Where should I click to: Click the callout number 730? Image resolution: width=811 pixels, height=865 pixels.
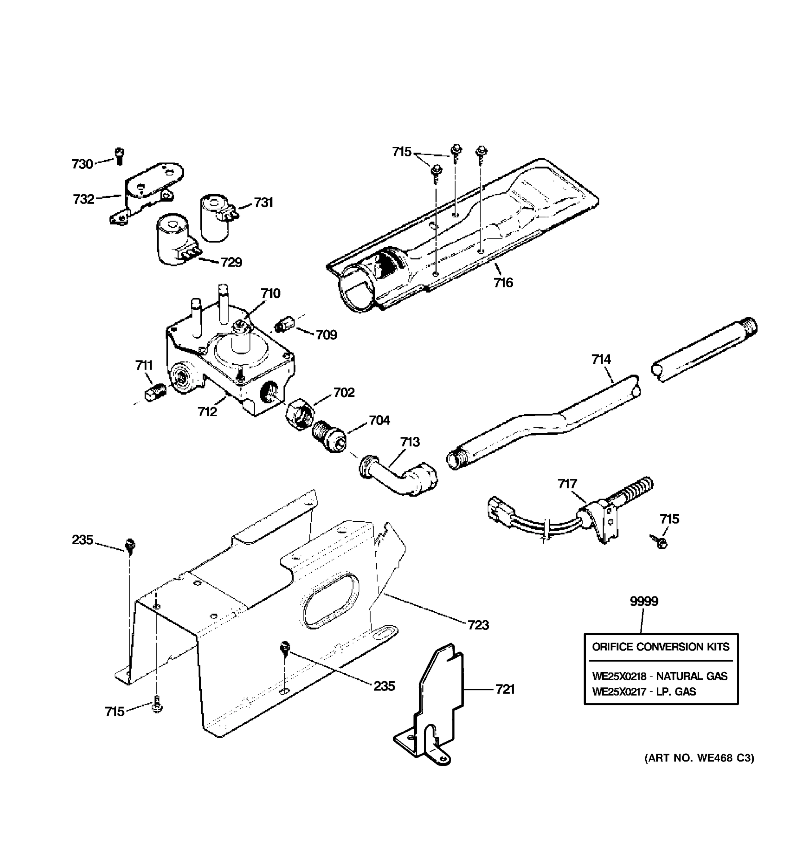[82, 164]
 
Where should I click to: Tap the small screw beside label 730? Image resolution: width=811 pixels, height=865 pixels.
[119, 156]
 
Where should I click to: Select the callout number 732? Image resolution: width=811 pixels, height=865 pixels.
[84, 199]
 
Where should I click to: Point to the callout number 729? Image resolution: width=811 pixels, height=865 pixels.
[231, 262]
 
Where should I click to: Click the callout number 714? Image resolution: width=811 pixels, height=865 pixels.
[601, 359]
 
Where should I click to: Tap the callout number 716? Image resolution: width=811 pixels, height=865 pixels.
[503, 283]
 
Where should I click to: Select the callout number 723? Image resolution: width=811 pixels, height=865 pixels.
[478, 625]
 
